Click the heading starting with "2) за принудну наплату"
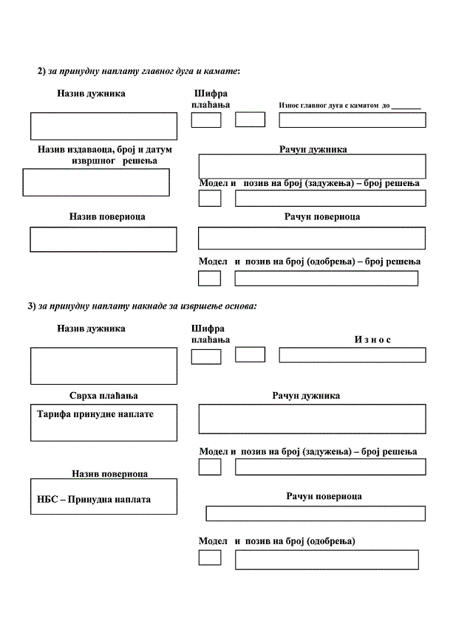[139, 71]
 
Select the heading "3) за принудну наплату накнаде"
[142, 306]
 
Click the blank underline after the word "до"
[406, 106]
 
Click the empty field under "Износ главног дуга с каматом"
[352, 120]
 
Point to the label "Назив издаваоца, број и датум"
[104, 149]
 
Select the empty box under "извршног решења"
[96, 182]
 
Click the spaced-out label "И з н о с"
[372, 339]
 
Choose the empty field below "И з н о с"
[352, 355]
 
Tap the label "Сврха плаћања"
[104, 396]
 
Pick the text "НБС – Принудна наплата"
[94, 499]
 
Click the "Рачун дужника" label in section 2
[313, 149]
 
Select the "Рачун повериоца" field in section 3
[315, 514]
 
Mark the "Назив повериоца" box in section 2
[103, 239]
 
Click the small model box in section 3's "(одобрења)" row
[210, 557]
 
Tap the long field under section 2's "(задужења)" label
[330, 198]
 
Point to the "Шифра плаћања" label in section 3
[210, 333]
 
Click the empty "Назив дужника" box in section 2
[103, 126]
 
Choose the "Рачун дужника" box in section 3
[312, 419]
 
